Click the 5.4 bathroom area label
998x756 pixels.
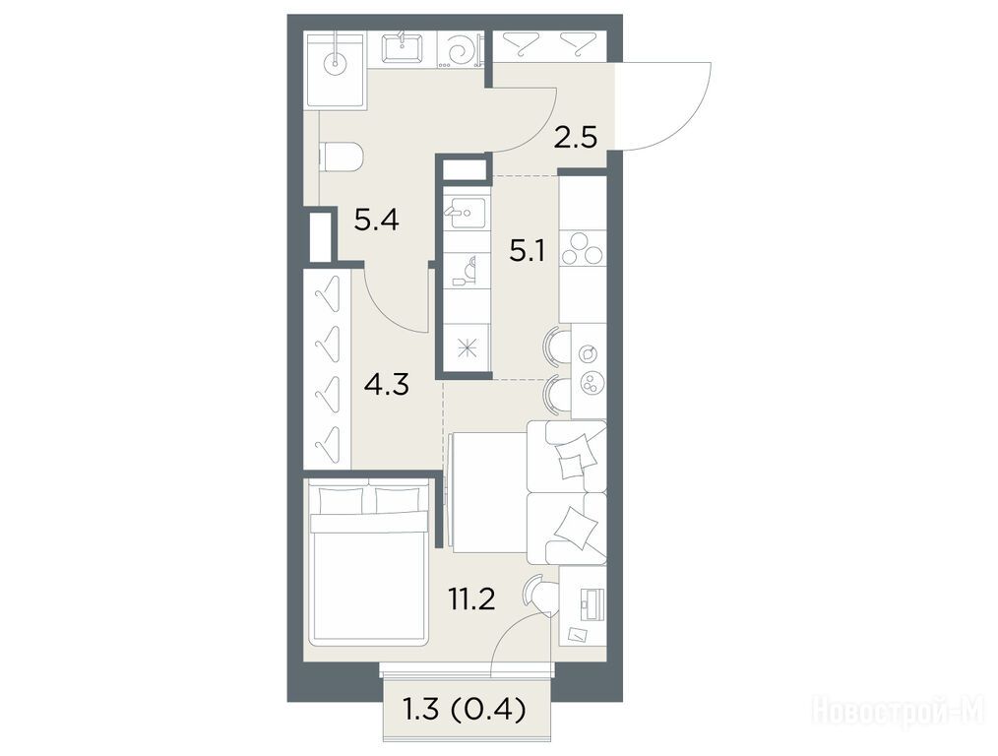(x=376, y=220)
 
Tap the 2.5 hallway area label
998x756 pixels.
(x=576, y=137)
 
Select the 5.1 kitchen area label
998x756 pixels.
(x=526, y=252)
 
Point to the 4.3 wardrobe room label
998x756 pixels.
(x=387, y=384)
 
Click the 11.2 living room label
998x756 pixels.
(x=471, y=598)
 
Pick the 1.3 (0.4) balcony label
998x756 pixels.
(x=465, y=709)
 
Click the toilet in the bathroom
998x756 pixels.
(x=341, y=157)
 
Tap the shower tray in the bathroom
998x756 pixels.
(x=336, y=70)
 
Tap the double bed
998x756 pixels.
(x=367, y=564)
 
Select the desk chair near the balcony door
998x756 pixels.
(x=537, y=595)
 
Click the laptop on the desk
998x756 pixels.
(x=590, y=604)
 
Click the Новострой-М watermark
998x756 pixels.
(x=899, y=710)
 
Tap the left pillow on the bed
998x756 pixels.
(x=340, y=500)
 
